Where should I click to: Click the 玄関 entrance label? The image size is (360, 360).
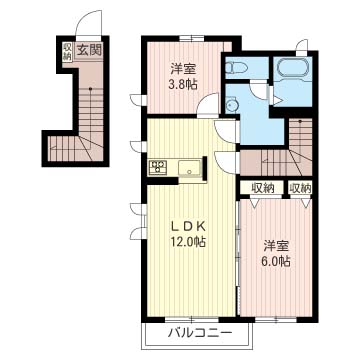point(89,50)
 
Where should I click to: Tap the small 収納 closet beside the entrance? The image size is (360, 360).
point(67,51)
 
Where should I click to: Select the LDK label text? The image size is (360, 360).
point(187,227)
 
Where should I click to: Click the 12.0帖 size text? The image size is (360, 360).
point(187,241)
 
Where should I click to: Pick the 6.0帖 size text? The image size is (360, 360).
point(276,260)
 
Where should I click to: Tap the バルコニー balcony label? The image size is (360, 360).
point(199,333)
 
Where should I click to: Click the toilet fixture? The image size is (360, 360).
point(235,68)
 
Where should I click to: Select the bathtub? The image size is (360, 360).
point(293,68)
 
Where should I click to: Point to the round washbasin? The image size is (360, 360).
point(230,105)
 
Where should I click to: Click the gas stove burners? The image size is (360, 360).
point(158,167)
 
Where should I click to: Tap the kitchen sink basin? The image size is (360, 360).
point(189,168)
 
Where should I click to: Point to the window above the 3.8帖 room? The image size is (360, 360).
point(191,38)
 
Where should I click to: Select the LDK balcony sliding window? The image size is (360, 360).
point(191,320)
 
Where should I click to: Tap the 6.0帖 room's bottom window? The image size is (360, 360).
point(276,320)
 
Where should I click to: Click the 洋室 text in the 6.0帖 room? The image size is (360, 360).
point(276,246)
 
